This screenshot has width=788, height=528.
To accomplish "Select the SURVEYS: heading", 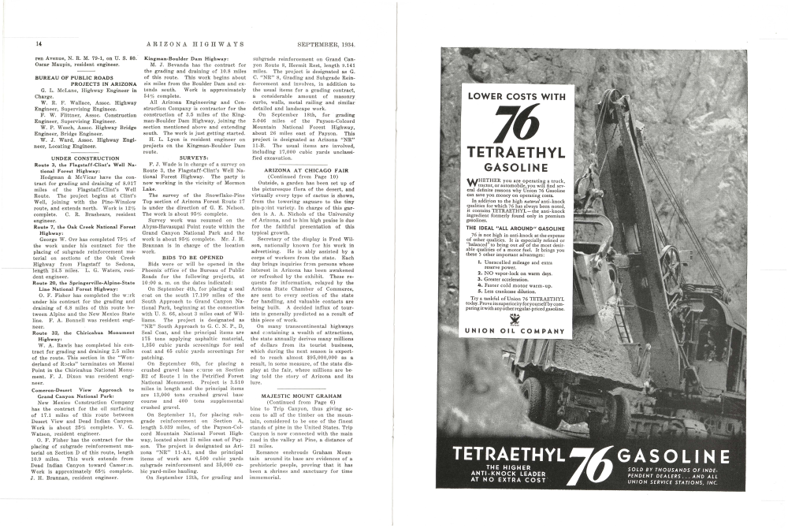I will tap(194, 157).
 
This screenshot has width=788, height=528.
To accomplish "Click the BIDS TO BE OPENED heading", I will tap(194, 257).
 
